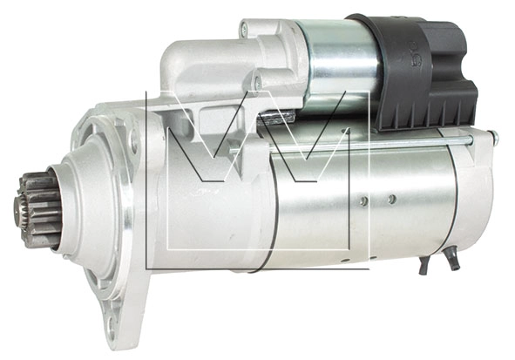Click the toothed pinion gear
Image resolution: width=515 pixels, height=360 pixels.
39,210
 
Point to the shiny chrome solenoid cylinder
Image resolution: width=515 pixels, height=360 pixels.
338,65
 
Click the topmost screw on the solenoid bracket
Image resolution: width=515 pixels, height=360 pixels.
244,27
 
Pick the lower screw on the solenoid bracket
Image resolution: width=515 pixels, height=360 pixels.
259,80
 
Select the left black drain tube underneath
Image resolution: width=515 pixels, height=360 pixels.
424,265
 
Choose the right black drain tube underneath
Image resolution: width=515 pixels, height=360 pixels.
454,261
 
